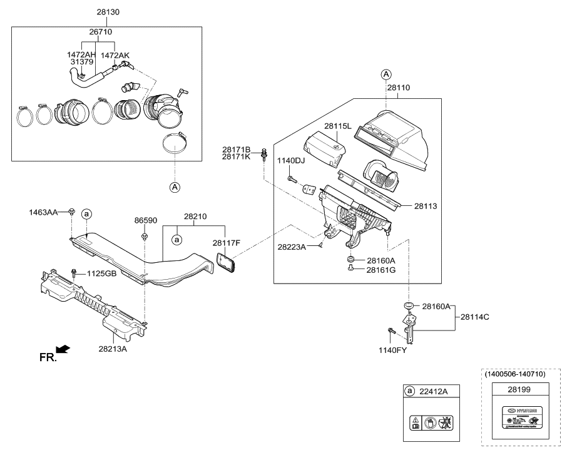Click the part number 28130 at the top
coord(108,12)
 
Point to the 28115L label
coord(338,126)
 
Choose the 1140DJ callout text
coord(291,161)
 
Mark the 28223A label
coord(292,247)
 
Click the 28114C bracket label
coord(475,317)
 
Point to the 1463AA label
coord(43,213)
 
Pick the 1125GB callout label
coord(101,274)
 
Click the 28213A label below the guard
coord(113,349)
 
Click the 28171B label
coord(236,150)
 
